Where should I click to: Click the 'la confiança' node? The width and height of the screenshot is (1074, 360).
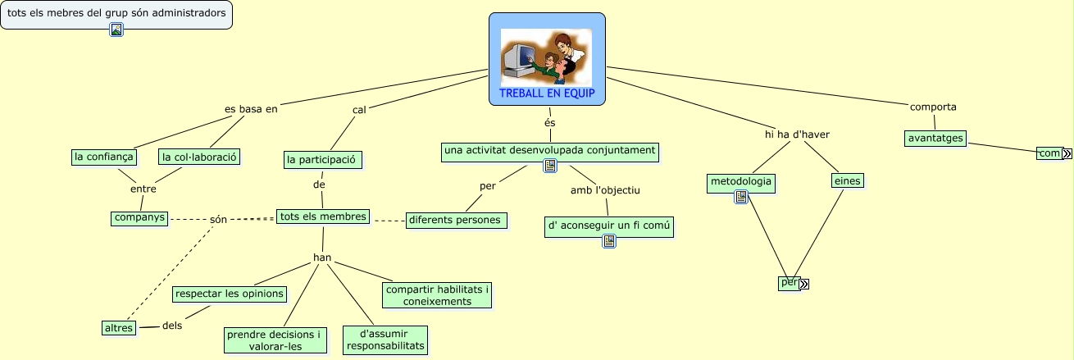point(102,157)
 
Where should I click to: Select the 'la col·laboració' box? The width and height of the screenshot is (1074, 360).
point(199,157)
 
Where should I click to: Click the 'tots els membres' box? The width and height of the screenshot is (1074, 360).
point(322,216)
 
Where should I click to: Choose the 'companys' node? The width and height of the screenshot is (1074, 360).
point(139,218)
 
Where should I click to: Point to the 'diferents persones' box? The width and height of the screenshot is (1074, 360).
point(457,220)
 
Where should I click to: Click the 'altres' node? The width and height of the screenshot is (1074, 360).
point(119,328)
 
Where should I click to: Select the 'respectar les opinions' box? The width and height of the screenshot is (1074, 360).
point(230,294)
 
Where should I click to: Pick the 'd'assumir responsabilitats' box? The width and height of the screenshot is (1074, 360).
point(385,339)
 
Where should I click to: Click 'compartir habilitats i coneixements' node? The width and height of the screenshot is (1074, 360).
point(437,294)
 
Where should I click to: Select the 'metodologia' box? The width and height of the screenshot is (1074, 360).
point(740,180)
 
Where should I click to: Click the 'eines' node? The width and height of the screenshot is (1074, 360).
point(848,180)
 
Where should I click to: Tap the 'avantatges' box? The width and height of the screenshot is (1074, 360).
point(935,138)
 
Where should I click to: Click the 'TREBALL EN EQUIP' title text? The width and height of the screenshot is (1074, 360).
point(547,93)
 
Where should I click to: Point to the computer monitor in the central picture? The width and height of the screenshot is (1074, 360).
point(517,58)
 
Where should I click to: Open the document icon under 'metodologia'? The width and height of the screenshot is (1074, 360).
point(741,197)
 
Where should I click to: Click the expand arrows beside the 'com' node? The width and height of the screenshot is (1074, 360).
point(1067,154)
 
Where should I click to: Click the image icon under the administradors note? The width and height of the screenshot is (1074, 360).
point(116,30)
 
